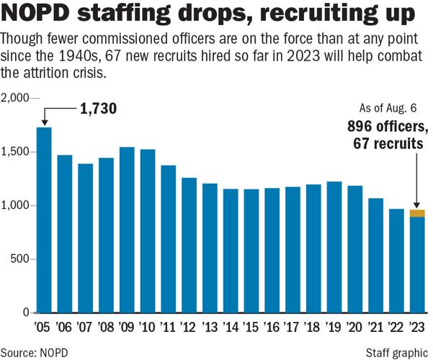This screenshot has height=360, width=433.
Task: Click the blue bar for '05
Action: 44,220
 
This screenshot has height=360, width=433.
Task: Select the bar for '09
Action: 127,230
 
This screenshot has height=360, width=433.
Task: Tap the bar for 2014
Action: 231,251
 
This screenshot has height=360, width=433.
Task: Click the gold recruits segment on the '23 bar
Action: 418,213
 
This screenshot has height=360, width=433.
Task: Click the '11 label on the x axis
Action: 168,328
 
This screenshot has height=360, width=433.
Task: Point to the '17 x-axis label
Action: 293,328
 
